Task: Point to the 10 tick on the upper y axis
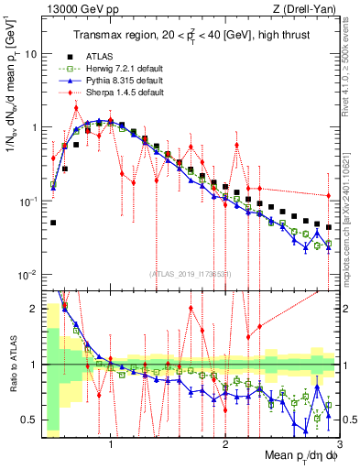click(29, 53)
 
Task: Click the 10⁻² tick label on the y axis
click(27, 274)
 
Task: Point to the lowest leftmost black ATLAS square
click(53, 223)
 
